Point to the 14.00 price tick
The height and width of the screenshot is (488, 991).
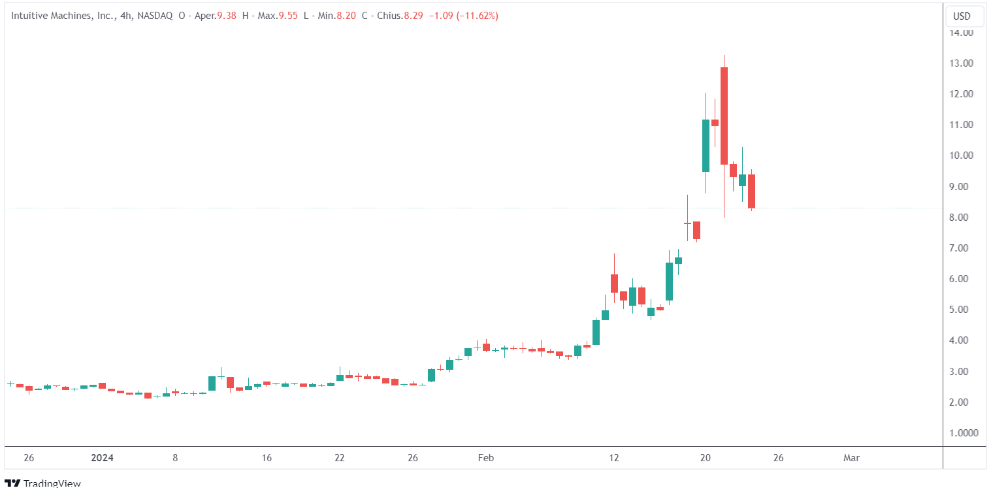(x=964, y=33)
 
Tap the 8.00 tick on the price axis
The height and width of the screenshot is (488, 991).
(x=964, y=217)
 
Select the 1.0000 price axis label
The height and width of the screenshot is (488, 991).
(x=964, y=432)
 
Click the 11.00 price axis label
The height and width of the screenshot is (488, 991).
(x=964, y=125)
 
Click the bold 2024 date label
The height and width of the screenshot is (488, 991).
(x=102, y=458)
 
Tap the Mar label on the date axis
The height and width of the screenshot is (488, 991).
(x=851, y=458)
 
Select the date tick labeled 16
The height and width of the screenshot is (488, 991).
(x=266, y=458)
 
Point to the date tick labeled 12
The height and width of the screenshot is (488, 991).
(x=613, y=458)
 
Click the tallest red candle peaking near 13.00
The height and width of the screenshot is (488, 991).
(x=724, y=116)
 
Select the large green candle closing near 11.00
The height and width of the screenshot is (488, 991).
(x=706, y=146)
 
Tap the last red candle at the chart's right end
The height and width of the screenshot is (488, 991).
(x=751, y=191)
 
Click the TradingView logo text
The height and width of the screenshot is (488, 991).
(x=52, y=483)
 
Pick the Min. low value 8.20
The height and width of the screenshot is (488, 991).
(x=346, y=16)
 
